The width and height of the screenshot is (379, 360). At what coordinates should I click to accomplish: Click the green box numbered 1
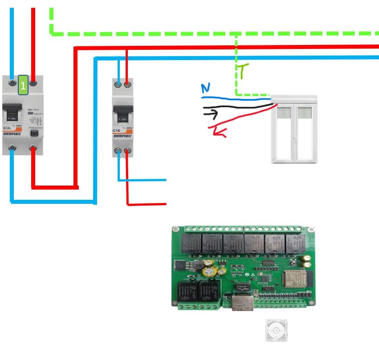point(23,85)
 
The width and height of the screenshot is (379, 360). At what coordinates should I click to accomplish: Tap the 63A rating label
point(7,128)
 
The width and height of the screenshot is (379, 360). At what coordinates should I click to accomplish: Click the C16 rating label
point(117,130)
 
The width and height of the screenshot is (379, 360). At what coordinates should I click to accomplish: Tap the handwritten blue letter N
point(205,87)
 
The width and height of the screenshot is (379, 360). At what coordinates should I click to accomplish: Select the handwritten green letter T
point(242,71)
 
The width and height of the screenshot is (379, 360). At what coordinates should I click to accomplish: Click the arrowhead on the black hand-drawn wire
point(214,114)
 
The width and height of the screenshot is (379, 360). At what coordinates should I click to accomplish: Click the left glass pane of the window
point(284,134)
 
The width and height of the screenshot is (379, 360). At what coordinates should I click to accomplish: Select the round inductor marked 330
point(199,265)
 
